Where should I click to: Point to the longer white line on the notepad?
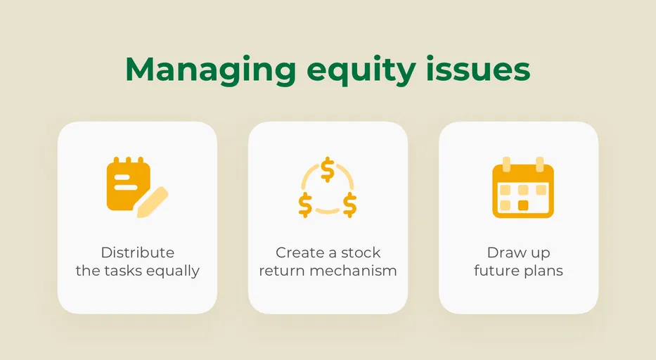(127, 188)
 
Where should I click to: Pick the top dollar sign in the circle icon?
(327, 169)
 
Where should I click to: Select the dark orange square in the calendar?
(522, 205)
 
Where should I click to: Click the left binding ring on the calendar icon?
(506, 165)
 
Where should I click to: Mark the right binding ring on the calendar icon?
(540, 165)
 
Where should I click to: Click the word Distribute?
(137, 252)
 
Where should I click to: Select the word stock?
(361, 252)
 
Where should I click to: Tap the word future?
(497, 271)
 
